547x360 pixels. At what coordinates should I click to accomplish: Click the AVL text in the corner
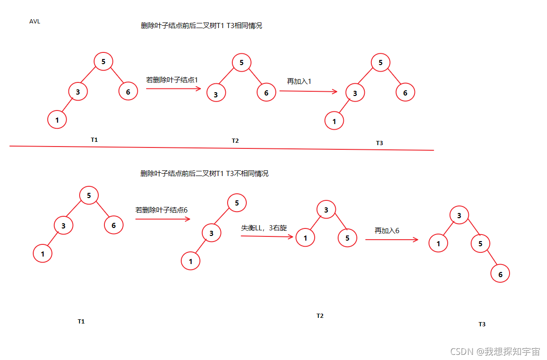[35, 22]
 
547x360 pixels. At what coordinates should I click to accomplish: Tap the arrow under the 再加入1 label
[308, 91]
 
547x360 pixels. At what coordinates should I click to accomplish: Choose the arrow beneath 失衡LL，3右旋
[267, 236]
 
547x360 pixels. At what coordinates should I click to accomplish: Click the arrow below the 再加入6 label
[392, 240]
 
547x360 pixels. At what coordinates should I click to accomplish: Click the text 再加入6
[387, 230]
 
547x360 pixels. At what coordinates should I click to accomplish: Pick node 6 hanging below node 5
[500, 274]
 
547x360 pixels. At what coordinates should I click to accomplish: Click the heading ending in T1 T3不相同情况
[204, 174]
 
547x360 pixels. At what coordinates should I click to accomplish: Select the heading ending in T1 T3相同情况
[201, 26]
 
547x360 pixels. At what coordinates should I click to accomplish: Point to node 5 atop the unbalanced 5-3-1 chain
[237, 203]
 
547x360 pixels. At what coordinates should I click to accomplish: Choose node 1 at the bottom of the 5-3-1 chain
[191, 261]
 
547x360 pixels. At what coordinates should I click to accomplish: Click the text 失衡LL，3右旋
[264, 228]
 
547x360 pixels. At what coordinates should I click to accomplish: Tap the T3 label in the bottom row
[482, 324]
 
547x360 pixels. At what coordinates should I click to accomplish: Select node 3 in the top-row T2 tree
[216, 95]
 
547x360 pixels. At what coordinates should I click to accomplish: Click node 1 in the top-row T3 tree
[334, 121]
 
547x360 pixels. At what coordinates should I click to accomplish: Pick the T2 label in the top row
[235, 141]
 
